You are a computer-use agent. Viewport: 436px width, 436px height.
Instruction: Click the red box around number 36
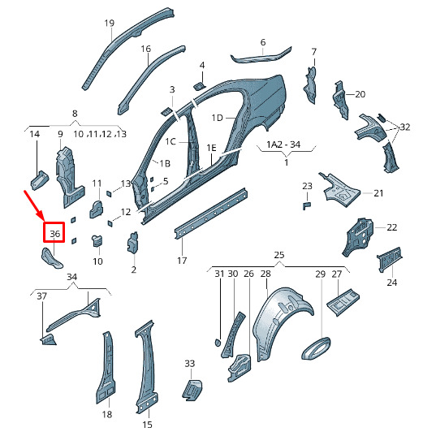click(44, 232)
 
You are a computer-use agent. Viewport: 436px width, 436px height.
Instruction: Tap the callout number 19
click(110, 23)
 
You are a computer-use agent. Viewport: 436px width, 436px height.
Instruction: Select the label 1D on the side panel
click(217, 118)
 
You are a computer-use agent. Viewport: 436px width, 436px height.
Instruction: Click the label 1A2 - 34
click(283, 145)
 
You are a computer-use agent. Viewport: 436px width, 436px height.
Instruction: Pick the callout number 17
click(182, 261)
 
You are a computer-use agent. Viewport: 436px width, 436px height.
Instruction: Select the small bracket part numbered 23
click(306, 206)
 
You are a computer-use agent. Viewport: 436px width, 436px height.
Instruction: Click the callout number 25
click(279, 255)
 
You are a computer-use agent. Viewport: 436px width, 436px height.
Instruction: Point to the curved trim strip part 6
click(261, 57)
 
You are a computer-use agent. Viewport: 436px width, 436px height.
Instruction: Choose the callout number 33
click(190, 364)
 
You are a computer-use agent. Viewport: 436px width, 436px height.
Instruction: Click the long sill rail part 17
click(210, 213)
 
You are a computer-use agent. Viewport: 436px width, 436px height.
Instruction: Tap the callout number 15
click(148, 425)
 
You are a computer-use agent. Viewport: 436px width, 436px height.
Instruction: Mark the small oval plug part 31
click(218, 343)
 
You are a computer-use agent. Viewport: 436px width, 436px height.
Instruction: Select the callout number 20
click(360, 94)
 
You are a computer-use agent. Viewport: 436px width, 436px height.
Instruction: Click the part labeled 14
click(40, 180)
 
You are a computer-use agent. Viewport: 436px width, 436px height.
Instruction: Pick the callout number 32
click(405, 127)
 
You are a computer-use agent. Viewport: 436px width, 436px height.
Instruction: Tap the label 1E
click(211, 148)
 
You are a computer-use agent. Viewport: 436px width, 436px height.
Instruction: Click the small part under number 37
click(49, 340)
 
